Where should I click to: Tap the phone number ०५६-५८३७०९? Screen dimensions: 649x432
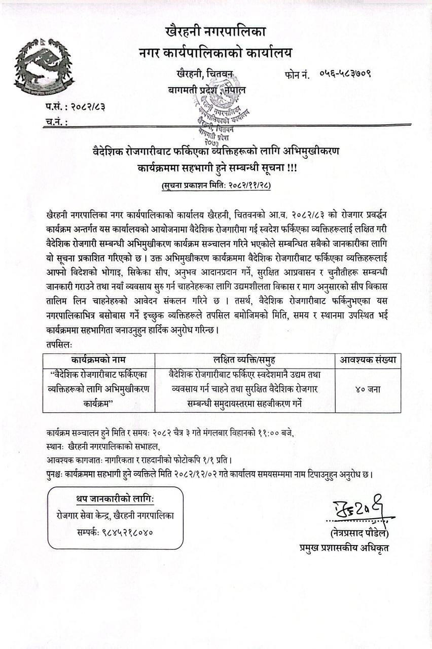pos(345,74)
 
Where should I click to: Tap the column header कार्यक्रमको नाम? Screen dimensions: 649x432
pos(98,360)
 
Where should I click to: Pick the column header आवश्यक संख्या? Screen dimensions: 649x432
pos(368,360)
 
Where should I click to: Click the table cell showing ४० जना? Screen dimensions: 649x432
pos(368,390)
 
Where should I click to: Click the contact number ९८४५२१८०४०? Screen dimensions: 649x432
pos(129,532)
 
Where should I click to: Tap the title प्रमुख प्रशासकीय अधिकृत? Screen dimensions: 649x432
pos(344,548)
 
